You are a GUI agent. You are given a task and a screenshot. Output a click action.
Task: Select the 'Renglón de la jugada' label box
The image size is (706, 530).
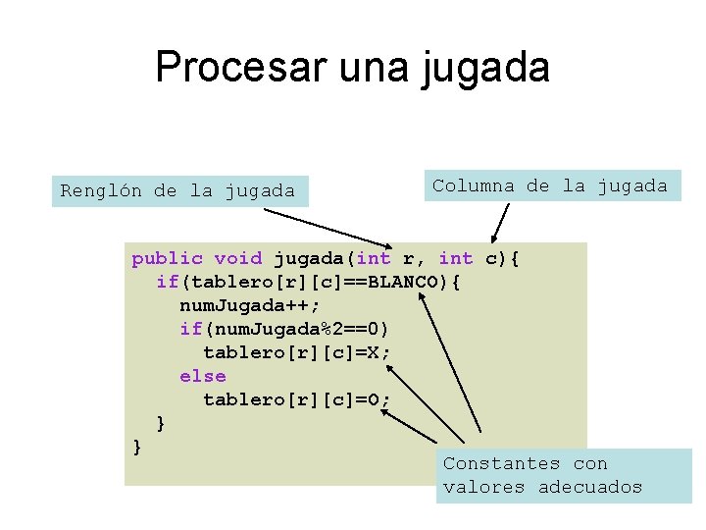click(x=178, y=190)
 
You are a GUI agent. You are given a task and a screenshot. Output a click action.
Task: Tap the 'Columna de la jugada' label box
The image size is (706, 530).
click(x=551, y=185)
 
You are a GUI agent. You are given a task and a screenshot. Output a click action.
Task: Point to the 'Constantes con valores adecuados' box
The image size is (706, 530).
click(x=564, y=476)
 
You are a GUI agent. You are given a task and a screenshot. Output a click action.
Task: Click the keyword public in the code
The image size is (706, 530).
click(x=167, y=258)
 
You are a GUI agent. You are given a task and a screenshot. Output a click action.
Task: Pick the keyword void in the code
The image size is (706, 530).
click(x=237, y=258)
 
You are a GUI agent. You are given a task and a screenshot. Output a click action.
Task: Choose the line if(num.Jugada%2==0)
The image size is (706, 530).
click(x=284, y=329)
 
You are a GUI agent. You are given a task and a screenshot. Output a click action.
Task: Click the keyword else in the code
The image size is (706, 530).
click(x=202, y=376)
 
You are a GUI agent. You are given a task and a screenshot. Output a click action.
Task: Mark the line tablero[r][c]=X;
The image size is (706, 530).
click(x=296, y=352)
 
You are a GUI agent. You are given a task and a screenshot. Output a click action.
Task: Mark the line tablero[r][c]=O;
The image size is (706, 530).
click(x=296, y=399)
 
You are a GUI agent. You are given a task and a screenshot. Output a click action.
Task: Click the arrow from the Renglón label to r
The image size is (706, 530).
click(x=294, y=223)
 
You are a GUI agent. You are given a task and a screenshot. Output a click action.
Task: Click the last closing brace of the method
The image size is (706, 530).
click(x=137, y=447)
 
